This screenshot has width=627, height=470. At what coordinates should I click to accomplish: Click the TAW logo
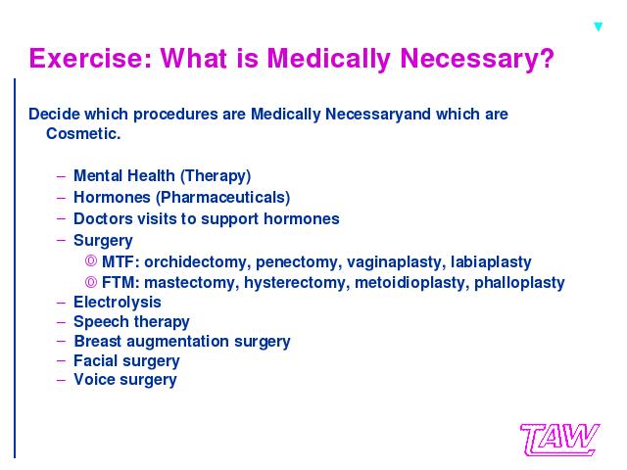[559, 440]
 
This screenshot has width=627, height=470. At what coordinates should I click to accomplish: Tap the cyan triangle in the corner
[599, 26]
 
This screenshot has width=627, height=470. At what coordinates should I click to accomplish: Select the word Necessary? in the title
[477, 59]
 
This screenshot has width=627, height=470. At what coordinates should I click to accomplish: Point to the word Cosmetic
[83, 133]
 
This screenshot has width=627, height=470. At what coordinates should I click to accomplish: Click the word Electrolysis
[118, 303]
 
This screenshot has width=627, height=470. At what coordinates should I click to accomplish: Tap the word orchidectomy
[198, 262]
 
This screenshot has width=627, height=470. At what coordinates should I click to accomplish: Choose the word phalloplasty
[519, 283]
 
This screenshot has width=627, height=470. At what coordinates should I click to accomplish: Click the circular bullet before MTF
[91, 261]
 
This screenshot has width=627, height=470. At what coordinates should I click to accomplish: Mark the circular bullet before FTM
[91, 282]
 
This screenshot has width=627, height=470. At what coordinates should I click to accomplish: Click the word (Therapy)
[216, 176]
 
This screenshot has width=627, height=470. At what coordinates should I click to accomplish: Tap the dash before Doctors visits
[61, 218]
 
